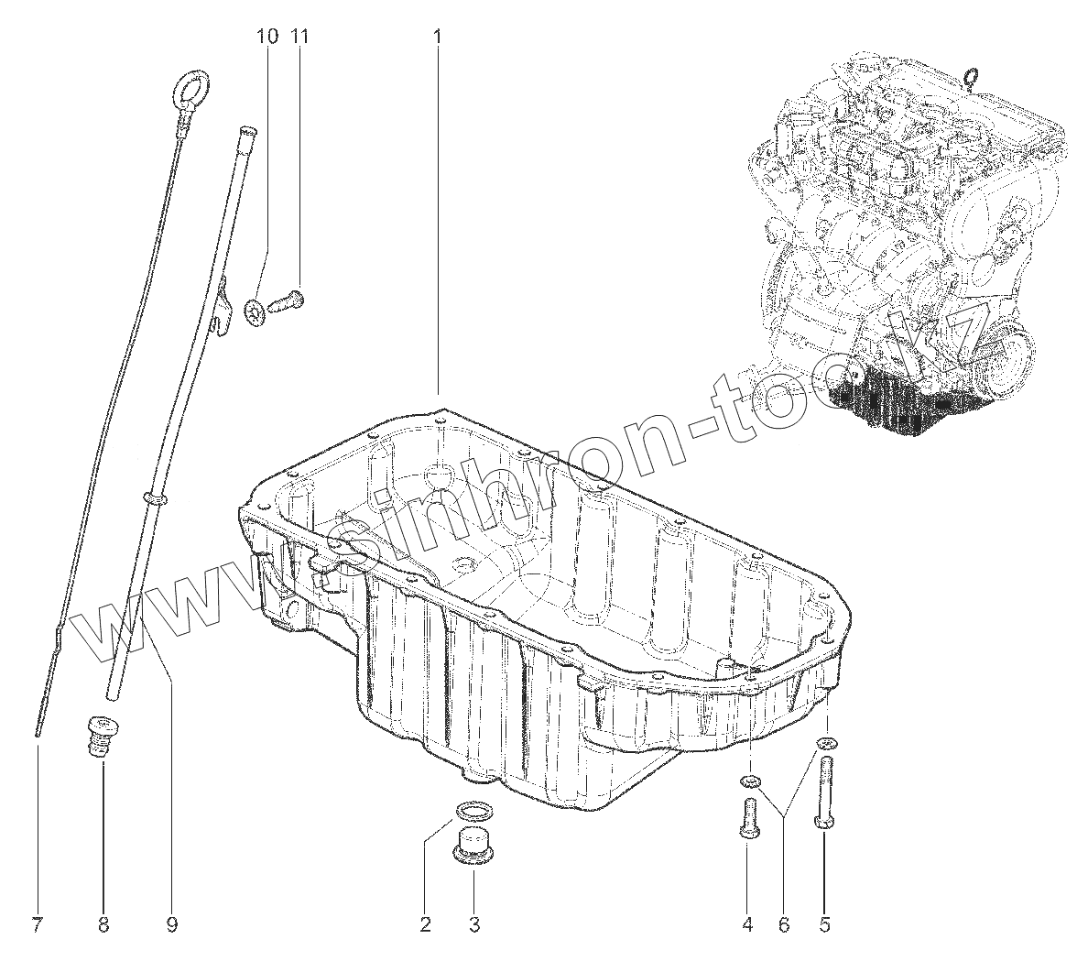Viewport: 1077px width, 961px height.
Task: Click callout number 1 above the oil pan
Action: [437, 38]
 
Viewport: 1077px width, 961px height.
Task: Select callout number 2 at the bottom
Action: [425, 925]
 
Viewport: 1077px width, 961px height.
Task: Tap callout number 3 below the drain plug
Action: [474, 925]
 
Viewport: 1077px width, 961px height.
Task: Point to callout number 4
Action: [747, 925]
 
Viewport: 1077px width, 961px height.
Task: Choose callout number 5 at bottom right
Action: [824, 925]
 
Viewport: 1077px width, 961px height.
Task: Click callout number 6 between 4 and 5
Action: [784, 925]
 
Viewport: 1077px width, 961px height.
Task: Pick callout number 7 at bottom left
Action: [37, 925]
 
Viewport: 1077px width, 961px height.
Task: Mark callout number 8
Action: [103, 925]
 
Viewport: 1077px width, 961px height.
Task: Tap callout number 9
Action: [171, 925]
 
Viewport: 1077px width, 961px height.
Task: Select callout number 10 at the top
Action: [267, 38]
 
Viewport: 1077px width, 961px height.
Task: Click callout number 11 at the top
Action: [300, 38]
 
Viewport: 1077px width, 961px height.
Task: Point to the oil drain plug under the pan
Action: [473, 844]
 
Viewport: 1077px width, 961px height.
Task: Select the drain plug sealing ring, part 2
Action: [473, 810]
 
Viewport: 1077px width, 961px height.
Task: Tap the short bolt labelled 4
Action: [747, 818]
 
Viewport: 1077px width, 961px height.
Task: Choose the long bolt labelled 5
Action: [824, 793]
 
